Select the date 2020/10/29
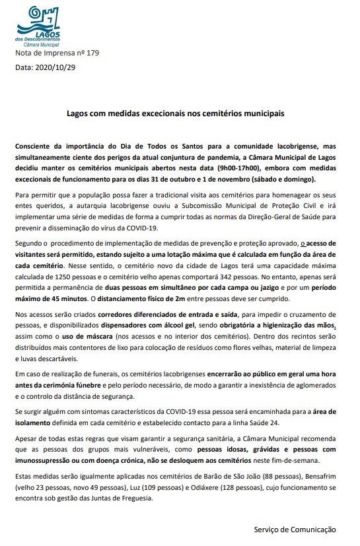click(x=55, y=67)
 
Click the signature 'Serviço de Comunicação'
click(x=295, y=529)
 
